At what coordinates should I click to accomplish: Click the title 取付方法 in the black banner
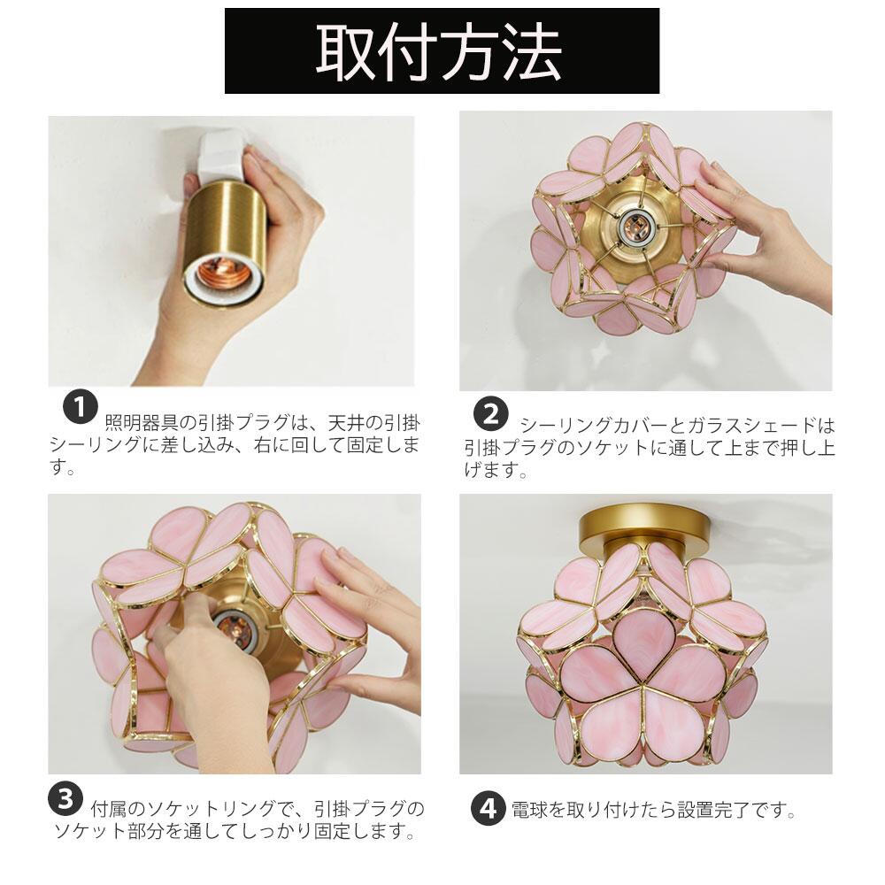pos(439,52)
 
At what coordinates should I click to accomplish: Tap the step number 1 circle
pos(81,406)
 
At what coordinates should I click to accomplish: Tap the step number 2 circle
pos(491,414)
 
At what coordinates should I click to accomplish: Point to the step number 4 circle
pos(489,809)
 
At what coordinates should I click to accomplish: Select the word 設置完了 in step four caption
pos(714,810)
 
